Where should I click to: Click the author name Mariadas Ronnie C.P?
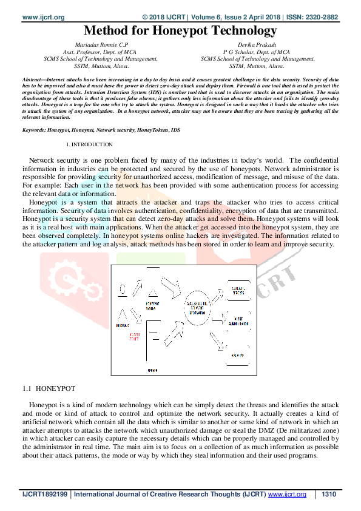click(x=101, y=44)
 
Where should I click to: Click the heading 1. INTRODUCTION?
click(x=89, y=144)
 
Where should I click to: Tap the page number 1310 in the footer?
click(x=329, y=495)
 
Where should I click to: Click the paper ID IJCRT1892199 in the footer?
click(x=45, y=495)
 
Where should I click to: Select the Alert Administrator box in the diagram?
click(x=238, y=322)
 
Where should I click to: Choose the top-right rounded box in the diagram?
click(x=237, y=290)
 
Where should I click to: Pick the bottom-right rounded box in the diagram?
click(x=238, y=356)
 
